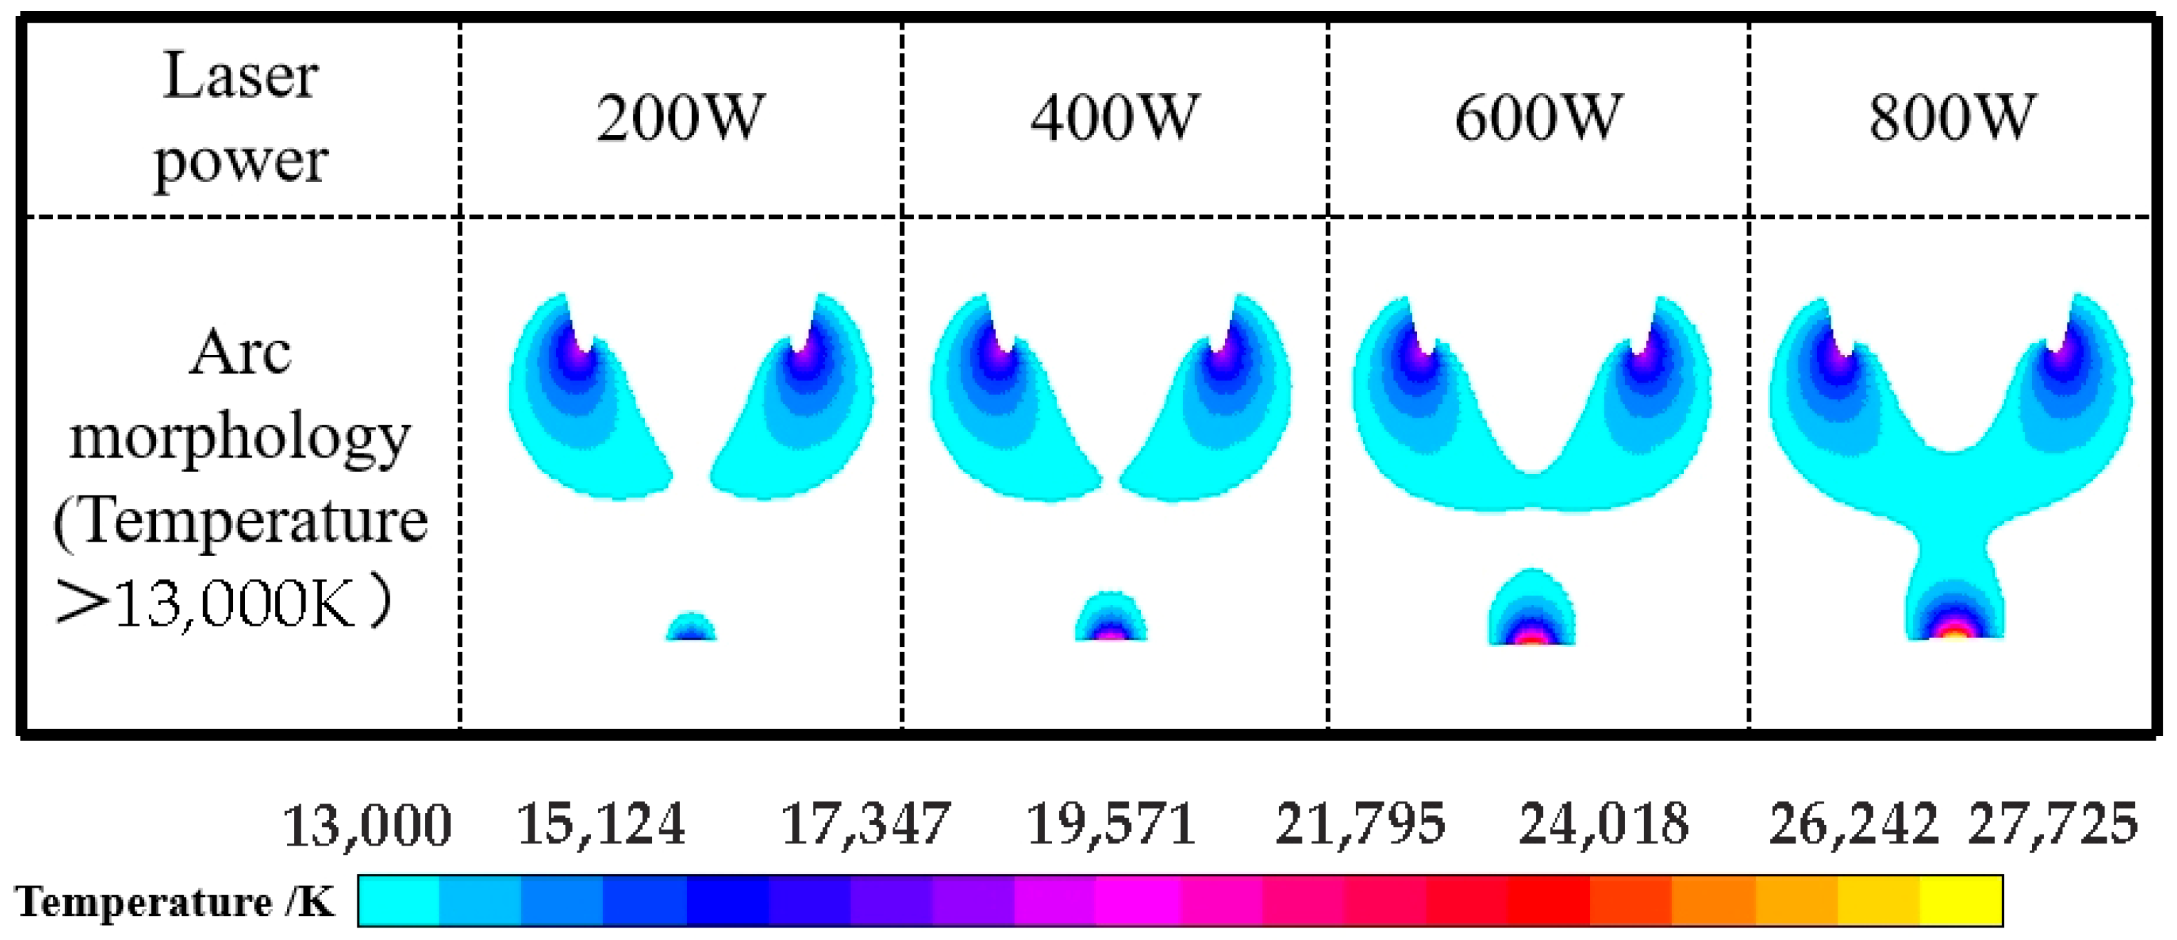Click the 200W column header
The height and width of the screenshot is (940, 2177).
(x=680, y=119)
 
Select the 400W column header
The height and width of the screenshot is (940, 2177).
(x=1114, y=119)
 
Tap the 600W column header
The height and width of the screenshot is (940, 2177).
(x=1538, y=119)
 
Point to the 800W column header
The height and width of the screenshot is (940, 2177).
(x=1951, y=119)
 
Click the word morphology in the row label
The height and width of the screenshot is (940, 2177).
(x=240, y=439)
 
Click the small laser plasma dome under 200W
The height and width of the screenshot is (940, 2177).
(x=691, y=629)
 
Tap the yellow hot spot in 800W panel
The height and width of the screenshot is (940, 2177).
(x=1953, y=632)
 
